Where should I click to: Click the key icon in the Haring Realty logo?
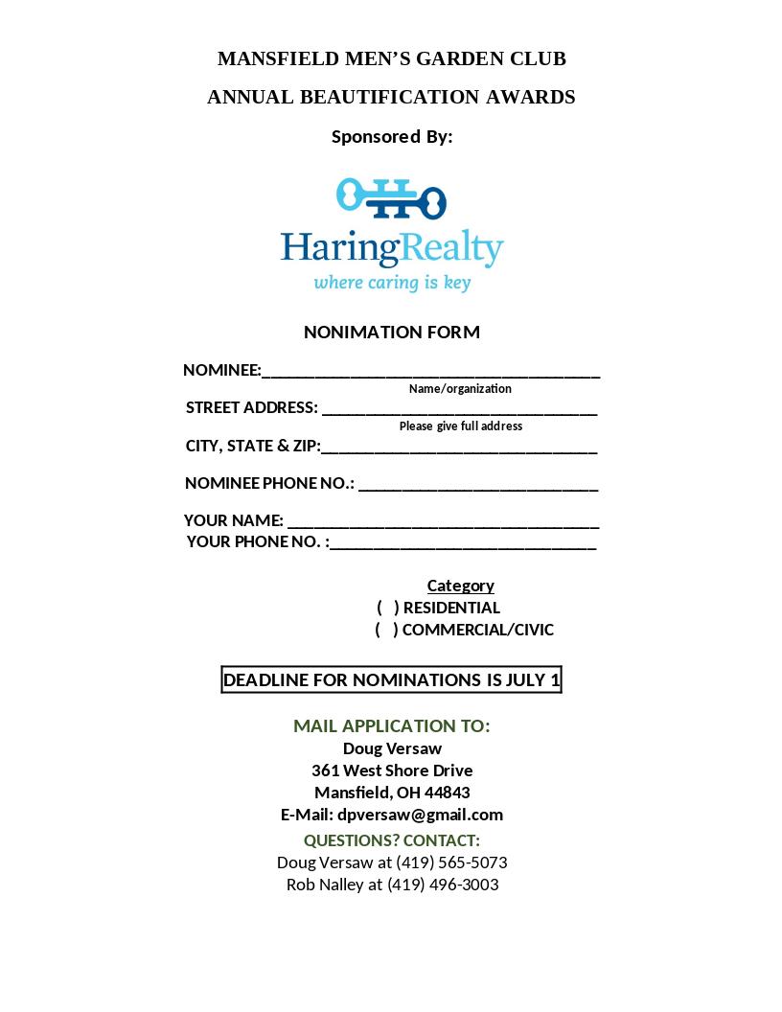(391, 198)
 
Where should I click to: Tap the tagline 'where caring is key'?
(392, 283)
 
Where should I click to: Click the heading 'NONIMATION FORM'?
(391, 333)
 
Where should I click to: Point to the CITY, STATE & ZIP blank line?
(459, 448)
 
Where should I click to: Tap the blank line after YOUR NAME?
(443, 523)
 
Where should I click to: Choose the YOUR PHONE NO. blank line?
(462, 544)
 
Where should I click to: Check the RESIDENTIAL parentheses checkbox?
(387, 608)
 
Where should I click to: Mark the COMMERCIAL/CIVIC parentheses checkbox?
(386, 630)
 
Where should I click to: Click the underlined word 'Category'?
(460, 586)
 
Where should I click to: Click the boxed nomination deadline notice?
(391, 680)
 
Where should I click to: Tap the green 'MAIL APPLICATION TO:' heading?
(391, 726)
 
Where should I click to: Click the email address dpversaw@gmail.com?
(420, 815)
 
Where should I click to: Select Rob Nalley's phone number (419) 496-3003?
(443, 885)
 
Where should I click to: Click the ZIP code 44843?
(447, 793)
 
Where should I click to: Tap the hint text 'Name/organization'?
(460, 389)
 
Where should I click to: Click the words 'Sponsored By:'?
(391, 137)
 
